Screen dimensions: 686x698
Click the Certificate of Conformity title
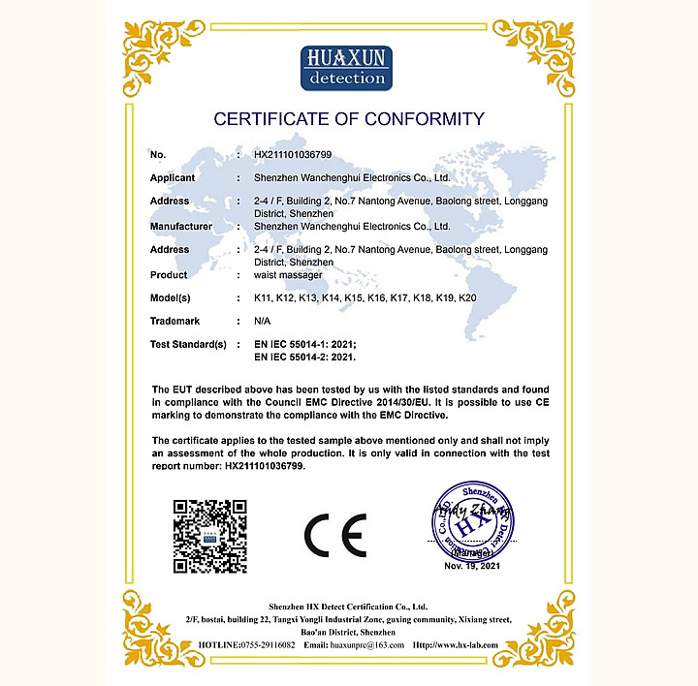pyautogui.click(x=348, y=119)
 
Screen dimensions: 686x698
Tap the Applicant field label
pyautogui.click(x=173, y=178)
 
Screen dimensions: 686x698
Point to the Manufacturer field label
pyautogui.click(x=181, y=226)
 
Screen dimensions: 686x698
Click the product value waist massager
pyautogui.click(x=287, y=275)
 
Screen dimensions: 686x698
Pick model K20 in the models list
pyautogui.click(x=467, y=297)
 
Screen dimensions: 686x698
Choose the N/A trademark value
pyautogui.click(x=262, y=321)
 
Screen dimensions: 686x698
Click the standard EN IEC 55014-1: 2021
pyautogui.click(x=305, y=344)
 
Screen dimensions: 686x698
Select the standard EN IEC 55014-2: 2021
pyautogui.click(x=305, y=357)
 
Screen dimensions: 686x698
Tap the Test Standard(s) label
pyautogui.click(x=188, y=344)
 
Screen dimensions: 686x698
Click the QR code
pyautogui.click(x=209, y=536)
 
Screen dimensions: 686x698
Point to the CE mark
pyautogui.click(x=334, y=535)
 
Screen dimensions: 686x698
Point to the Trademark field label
pyautogui.click(x=174, y=321)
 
